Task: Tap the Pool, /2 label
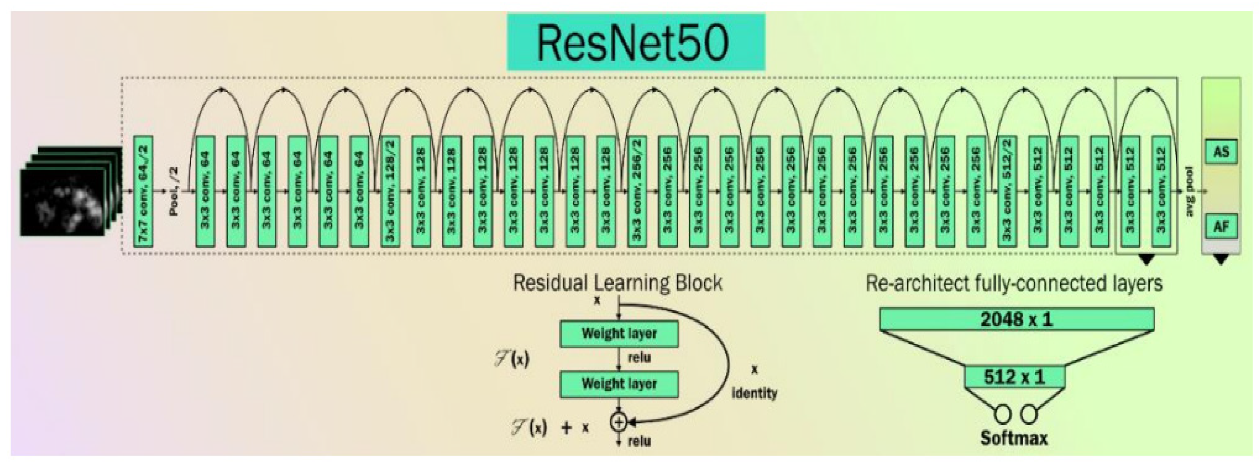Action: tap(173, 191)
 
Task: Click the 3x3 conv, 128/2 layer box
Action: tap(390, 191)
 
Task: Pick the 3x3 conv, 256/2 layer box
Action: tap(636, 191)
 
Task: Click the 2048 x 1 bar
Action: tap(1017, 319)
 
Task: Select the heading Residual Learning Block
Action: tap(617, 283)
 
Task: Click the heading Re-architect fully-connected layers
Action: tap(1014, 283)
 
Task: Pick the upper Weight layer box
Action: tap(619, 334)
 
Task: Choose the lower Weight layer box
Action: tap(619, 384)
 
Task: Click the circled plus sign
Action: tap(619, 422)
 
